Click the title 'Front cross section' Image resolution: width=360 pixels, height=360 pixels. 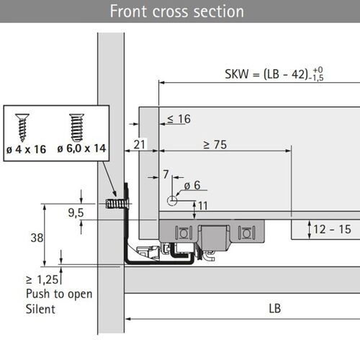coord(176,12)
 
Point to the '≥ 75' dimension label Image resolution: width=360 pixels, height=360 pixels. coord(215,145)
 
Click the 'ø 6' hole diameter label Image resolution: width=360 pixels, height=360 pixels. coord(192,185)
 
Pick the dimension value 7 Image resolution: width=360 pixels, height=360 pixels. coord(166,174)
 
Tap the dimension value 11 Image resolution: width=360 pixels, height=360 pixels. coord(203,206)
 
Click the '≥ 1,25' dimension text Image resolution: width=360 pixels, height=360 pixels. coord(42,280)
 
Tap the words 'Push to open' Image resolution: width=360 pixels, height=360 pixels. coord(55,294)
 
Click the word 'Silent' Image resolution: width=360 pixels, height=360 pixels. coord(40,309)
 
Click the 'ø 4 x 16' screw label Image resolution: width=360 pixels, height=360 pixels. coord(25,149)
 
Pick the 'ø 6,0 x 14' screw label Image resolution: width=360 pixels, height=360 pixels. coord(79,149)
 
